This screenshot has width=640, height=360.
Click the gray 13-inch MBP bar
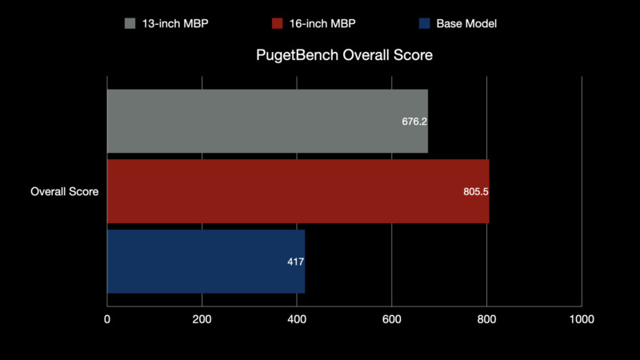[x=267, y=121]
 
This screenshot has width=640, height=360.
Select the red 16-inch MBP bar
[x=298, y=191]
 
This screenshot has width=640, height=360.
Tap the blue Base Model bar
[x=206, y=262]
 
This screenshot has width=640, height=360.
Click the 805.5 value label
[x=475, y=192]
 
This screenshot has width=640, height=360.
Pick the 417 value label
[x=296, y=262]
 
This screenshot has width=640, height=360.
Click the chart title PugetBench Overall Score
[x=344, y=56]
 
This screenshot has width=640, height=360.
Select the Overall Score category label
[x=65, y=192]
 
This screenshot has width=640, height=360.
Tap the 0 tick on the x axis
[x=107, y=319]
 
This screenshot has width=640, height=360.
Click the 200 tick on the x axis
[x=202, y=319]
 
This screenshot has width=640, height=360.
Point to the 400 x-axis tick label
[x=297, y=319]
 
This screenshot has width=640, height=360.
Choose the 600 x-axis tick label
[x=392, y=319]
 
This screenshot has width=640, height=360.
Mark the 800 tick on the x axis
[x=486, y=319]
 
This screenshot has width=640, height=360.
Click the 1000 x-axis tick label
[x=582, y=319]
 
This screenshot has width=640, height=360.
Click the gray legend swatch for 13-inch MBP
[x=130, y=23]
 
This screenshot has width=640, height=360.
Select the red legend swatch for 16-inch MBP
[x=276, y=23]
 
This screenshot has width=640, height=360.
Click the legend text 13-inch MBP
[x=175, y=24]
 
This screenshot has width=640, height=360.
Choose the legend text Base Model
[x=466, y=24]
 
